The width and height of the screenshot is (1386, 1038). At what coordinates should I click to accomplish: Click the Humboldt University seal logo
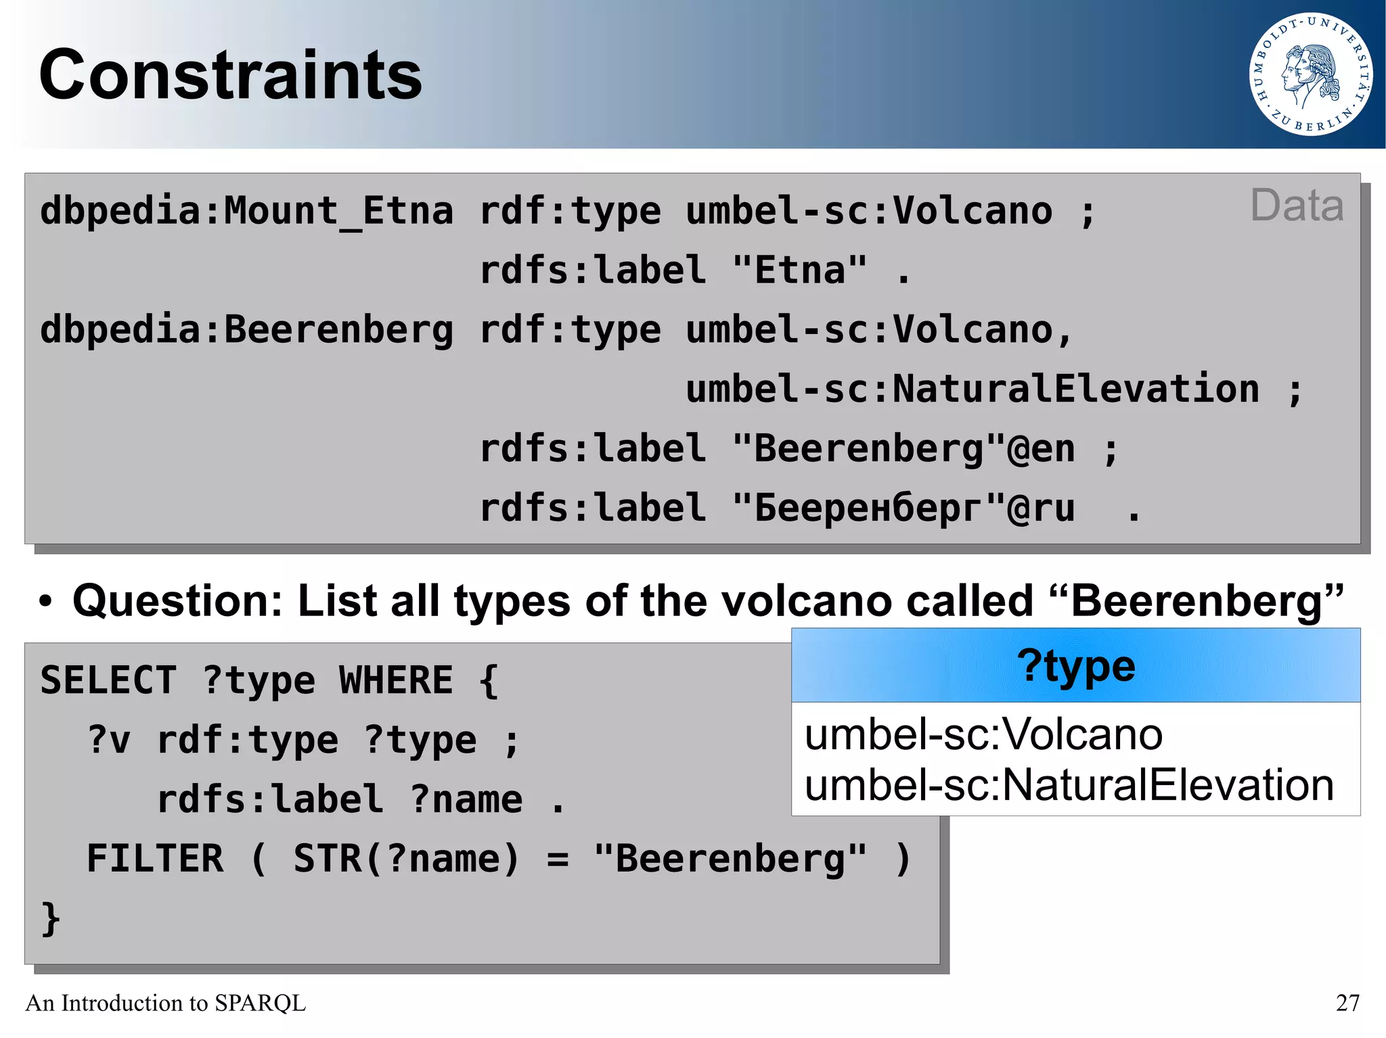1310,74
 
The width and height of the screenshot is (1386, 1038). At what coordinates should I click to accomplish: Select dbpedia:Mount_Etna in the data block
246,211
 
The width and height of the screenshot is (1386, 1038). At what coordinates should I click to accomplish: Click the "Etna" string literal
799,270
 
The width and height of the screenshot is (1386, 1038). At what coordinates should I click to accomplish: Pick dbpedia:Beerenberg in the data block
246,330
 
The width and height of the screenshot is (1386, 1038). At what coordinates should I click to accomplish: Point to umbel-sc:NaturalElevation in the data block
973,390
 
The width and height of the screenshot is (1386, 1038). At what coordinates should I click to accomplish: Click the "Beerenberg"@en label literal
903,449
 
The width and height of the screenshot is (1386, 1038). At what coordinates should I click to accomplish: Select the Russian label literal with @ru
903,509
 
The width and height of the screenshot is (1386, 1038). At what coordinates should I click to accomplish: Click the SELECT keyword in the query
108,680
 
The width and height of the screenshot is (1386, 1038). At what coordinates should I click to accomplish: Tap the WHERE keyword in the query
396,680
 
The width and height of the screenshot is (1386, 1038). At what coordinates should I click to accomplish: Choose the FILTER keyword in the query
155,859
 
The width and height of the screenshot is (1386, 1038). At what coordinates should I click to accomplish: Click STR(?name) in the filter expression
406,859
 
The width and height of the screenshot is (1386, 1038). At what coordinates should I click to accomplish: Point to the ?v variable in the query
109,740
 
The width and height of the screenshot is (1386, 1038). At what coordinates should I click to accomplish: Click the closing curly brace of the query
51,918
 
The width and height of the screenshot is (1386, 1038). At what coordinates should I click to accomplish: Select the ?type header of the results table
1075,666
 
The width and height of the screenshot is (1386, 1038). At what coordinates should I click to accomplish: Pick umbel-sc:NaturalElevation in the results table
1069,785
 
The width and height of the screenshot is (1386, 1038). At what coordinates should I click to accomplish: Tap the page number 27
1347,1002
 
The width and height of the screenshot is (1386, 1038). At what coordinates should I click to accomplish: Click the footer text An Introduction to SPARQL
166,1002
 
